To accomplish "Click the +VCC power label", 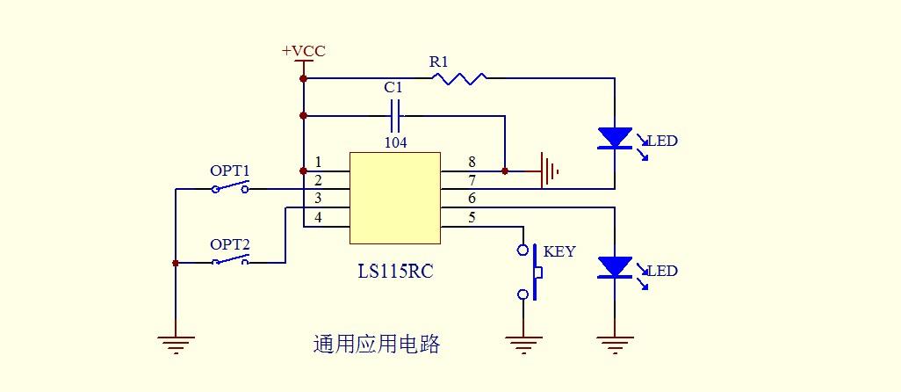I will pyautogui.click(x=303, y=51).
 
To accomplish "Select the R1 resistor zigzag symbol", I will pyautogui.click(x=459, y=79).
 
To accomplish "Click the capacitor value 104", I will pyautogui.click(x=395, y=142).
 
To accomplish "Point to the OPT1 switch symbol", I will pyautogui.click(x=230, y=188).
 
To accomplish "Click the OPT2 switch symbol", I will pyautogui.click(x=230, y=262).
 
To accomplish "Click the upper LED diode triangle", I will pyautogui.click(x=615, y=138).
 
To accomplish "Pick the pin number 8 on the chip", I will pyautogui.click(x=472, y=163).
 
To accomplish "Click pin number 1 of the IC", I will pyautogui.click(x=318, y=163).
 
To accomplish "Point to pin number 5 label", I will pyautogui.click(x=472, y=217).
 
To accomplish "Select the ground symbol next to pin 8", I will pyautogui.click(x=549, y=171).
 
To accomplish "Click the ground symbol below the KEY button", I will pyautogui.click(x=524, y=344).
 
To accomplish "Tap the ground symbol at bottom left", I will pyautogui.click(x=176, y=344).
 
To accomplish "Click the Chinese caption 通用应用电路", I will pyautogui.click(x=376, y=345).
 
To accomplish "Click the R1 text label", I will pyautogui.click(x=438, y=62).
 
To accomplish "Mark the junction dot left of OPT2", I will pyautogui.click(x=176, y=263).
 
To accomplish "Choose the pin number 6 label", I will pyautogui.click(x=472, y=200).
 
